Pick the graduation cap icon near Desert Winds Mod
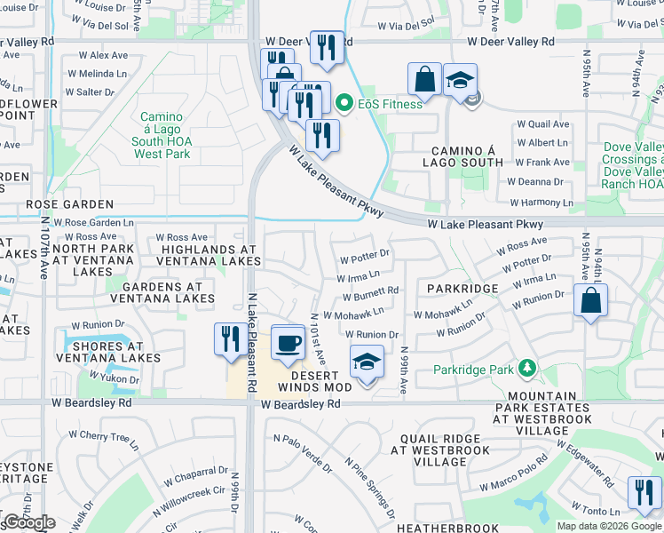click(363, 362)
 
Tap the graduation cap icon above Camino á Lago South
click(459, 80)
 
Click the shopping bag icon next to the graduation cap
click(425, 77)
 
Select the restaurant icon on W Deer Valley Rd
click(328, 47)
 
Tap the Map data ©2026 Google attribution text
click(610, 526)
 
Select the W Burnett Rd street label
click(369, 290)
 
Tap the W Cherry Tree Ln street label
click(110, 436)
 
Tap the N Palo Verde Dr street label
click(303, 453)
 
